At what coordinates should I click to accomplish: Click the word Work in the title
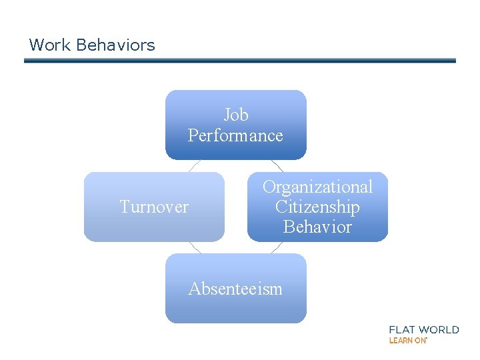click(50, 45)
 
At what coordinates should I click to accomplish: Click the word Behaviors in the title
click(115, 45)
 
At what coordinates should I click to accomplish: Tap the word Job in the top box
click(236, 115)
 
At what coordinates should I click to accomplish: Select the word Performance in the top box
click(235, 135)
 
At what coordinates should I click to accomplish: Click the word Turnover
click(154, 207)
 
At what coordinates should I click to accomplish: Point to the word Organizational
click(317, 187)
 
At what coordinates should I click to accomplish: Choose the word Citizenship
click(317, 207)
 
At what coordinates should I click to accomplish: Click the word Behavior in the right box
click(317, 227)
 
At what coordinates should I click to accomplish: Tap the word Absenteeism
click(235, 289)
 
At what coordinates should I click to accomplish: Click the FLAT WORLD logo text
click(424, 329)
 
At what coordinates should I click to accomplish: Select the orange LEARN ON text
click(407, 340)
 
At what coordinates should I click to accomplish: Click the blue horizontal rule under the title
click(240, 61)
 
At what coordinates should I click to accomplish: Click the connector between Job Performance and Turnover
click(194, 166)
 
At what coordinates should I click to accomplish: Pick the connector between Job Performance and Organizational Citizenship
click(277, 166)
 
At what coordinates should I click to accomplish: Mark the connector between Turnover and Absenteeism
click(194, 247)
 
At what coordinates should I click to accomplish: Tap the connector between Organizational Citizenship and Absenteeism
click(277, 247)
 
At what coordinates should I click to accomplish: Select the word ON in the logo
click(420, 340)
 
